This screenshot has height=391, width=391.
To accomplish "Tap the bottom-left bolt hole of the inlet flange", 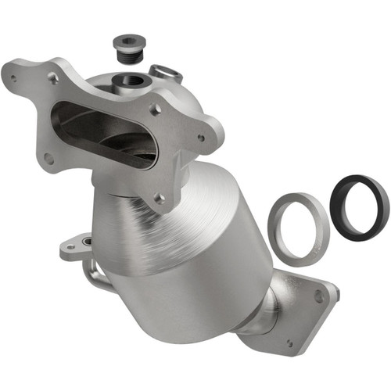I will coord(48,157).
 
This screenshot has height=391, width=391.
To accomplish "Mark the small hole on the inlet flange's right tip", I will coord(202,138).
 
